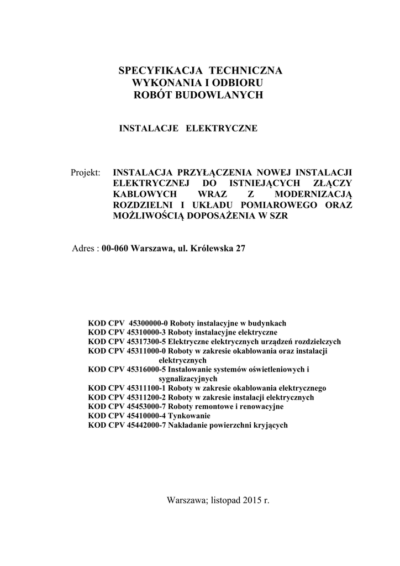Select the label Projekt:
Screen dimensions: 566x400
(86, 172)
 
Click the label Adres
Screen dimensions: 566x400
(84, 249)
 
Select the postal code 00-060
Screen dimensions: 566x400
(115, 249)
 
